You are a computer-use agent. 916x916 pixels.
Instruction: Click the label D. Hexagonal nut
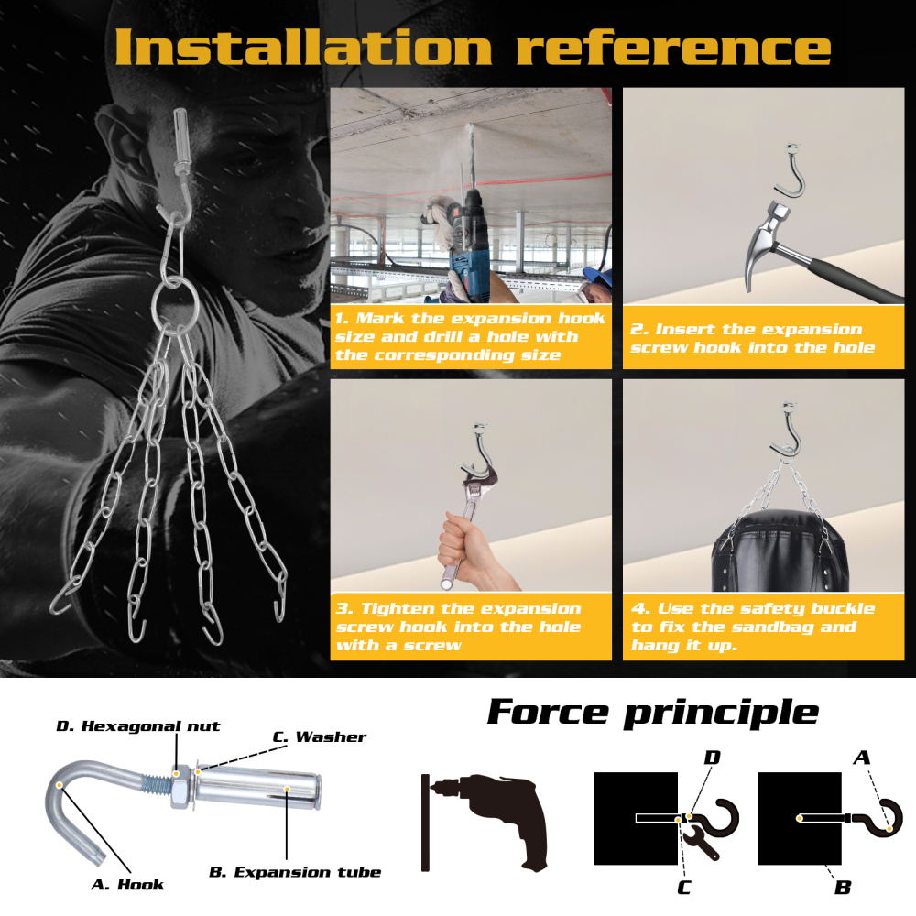coord(138,726)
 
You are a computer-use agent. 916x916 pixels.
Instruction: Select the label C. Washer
coord(320,736)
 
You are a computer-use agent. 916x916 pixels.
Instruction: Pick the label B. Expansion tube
coord(295,872)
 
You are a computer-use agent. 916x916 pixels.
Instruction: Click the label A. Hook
coord(127,885)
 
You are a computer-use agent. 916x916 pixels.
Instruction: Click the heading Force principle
coord(652,713)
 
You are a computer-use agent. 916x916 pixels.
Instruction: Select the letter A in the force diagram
coord(862,758)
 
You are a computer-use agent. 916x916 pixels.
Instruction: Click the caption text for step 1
coord(470,336)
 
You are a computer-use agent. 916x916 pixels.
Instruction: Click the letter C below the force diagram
coord(684,888)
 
